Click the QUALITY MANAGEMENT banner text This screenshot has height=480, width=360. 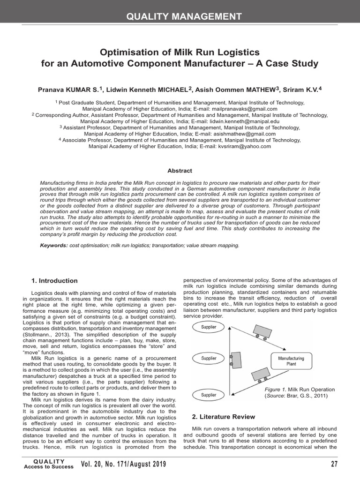point(184,17)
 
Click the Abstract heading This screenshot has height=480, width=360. point(180,171)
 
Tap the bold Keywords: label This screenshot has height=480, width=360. point(53,245)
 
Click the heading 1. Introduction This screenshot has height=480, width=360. point(54,281)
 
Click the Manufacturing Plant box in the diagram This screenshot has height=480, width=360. point(291,361)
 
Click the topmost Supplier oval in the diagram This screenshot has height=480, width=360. point(209,327)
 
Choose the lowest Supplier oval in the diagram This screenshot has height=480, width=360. point(209,395)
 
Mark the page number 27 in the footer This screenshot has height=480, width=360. point(333,465)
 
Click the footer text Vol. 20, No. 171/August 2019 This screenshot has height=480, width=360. point(123,465)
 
